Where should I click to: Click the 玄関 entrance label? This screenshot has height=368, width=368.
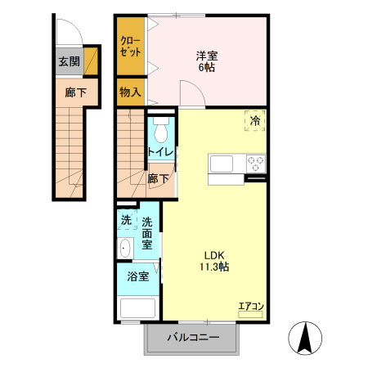tap(69, 61)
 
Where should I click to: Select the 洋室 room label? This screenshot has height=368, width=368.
tap(206, 56)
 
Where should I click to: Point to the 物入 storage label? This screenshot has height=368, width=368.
tap(130, 92)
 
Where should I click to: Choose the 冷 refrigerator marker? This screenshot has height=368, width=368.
tap(255, 121)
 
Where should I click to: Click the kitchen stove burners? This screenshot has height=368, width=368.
tap(256, 161)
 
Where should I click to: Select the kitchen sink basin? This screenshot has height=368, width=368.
tap(222, 164)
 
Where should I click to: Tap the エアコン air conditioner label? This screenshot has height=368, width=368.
tap(250, 307)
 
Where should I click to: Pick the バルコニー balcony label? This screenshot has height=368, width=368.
tap(194, 337)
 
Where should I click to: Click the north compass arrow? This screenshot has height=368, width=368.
tap(307, 339)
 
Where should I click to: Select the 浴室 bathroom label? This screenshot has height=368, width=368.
tap(137, 276)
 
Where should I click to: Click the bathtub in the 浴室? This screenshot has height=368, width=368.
tap(137, 309)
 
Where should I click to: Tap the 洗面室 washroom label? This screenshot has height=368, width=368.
tap(147, 232)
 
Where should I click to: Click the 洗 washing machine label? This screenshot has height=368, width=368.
tap(126, 219)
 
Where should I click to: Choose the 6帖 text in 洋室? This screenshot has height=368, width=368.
tap(206, 69)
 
